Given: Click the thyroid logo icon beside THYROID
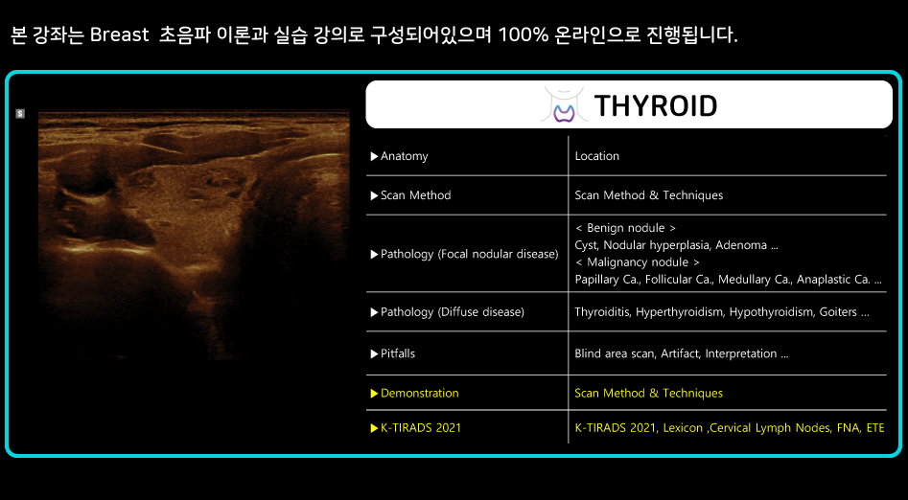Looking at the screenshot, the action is click(x=564, y=104).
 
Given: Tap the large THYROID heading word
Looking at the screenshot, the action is click(x=656, y=105).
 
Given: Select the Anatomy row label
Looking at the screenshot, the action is click(x=399, y=156).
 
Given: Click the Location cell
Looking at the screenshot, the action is click(x=597, y=156).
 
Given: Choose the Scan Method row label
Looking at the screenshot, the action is click(x=410, y=195).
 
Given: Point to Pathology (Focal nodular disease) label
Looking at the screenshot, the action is click(x=464, y=254).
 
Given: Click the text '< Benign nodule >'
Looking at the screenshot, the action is click(x=625, y=228).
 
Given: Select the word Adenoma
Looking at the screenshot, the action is click(x=741, y=245).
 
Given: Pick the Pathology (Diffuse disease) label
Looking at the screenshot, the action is click(x=447, y=312).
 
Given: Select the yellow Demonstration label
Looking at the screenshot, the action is click(x=414, y=394).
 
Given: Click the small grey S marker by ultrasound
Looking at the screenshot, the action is click(x=20, y=114).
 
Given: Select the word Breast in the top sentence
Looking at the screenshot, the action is click(x=120, y=35).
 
